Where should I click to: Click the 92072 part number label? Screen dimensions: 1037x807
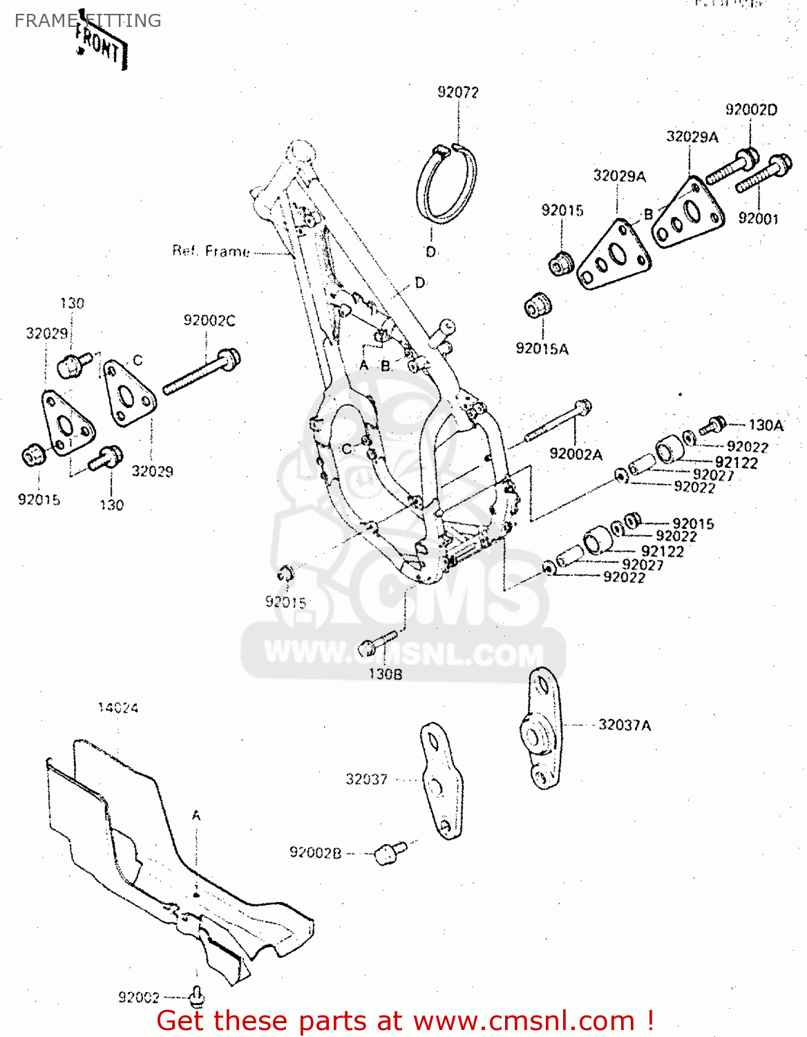(457, 92)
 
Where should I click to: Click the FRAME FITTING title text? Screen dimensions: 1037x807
(88, 21)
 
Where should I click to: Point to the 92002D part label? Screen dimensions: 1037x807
(750, 109)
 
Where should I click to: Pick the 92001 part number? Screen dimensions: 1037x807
(757, 218)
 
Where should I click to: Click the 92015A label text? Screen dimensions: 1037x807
(542, 348)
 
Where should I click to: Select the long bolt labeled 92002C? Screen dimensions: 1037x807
(201, 374)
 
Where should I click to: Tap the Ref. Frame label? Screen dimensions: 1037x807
(211, 251)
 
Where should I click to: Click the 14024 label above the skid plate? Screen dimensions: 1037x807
(117, 707)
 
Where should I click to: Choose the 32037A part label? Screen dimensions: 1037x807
(624, 725)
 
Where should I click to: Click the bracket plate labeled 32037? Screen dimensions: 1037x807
(440, 780)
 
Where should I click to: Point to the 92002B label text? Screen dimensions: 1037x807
(315, 852)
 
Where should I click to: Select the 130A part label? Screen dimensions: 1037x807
(766, 425)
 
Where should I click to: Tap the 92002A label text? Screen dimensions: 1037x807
(576, 454)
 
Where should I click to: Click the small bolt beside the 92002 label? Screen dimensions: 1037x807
(197, 996)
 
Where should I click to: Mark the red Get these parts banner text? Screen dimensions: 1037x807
(405, 1020)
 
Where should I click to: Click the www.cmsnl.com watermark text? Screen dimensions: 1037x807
(403, 653)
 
